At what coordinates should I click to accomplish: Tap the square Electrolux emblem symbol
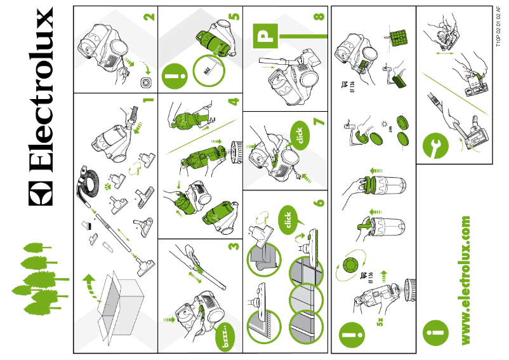coord(41,190)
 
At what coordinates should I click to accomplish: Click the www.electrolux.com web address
coord(466,280)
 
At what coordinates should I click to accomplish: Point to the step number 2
coord(148,17)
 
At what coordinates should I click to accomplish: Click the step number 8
coord(319,17)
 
